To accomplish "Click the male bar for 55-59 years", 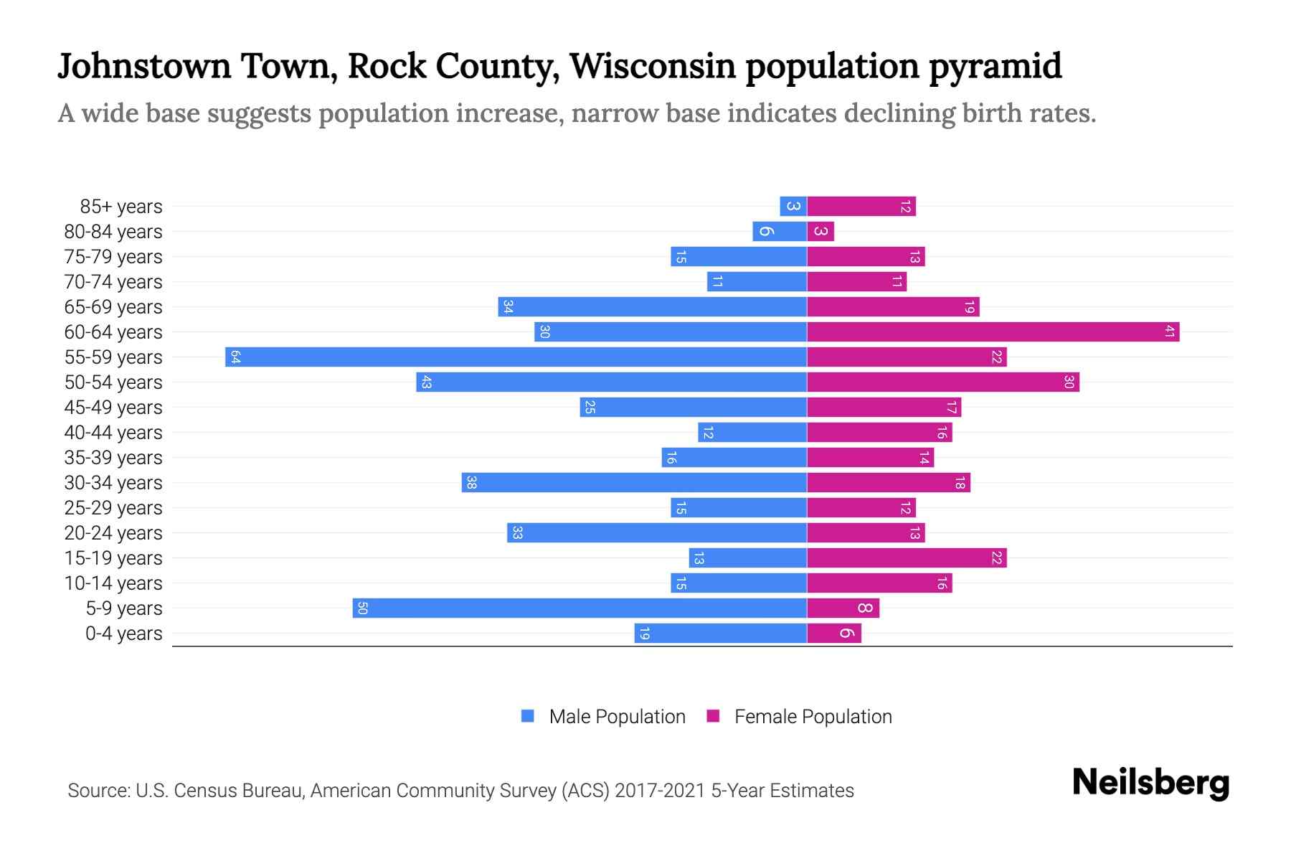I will [516, 357].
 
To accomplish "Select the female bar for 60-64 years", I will [993, 331].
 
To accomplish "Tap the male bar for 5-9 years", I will [580, 608].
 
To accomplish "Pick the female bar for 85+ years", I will [861, 207].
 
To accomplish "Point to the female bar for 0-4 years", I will [833, 633].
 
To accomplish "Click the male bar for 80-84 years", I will [780, 231].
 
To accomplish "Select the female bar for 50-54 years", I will [942, 382].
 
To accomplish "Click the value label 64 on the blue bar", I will [235, 357].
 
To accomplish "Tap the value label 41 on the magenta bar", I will [1169, 331].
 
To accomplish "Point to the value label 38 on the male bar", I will [471, 482].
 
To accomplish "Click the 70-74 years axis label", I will [113, 282].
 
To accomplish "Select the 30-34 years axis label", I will [113, 483].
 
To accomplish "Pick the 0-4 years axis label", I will [123, 634].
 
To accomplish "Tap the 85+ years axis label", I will [120, 207].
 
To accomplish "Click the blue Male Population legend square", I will [528, 716].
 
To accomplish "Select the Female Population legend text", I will [813, 716].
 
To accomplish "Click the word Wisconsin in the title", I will [653, 66].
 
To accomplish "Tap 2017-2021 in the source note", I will [660, 791].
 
